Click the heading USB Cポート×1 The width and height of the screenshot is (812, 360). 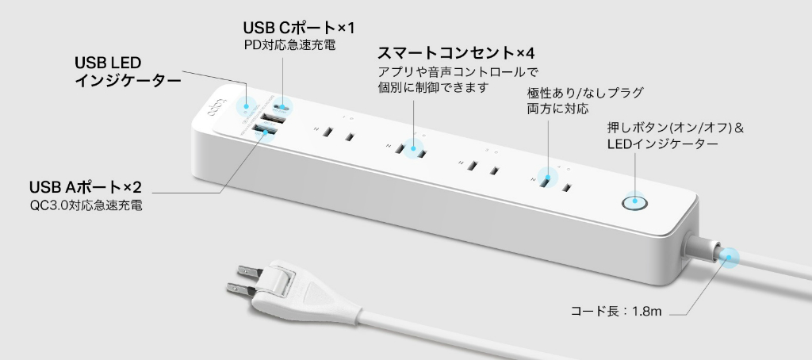(x=299, y=28)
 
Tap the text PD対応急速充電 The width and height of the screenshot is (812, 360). (x=289, y=45)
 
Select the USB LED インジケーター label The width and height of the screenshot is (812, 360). (x=128, y=71)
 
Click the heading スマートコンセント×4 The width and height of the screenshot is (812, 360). (x=456, y=53)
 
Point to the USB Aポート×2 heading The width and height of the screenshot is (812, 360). (x=86, y=186)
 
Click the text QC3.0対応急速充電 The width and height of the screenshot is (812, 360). (x=86, y=205)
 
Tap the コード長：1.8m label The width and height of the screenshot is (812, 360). (x=615, y=312)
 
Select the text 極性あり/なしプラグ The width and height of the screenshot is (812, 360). (x=584, y=94)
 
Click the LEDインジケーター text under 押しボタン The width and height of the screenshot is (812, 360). (x=662, y=144)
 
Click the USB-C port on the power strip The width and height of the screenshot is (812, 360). (x=282, y=107)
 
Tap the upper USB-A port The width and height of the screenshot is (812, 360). (x=273, y=119)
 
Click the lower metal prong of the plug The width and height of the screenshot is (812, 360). (x=241, y=288)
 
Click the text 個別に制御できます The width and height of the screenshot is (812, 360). (x=433, y=87)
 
